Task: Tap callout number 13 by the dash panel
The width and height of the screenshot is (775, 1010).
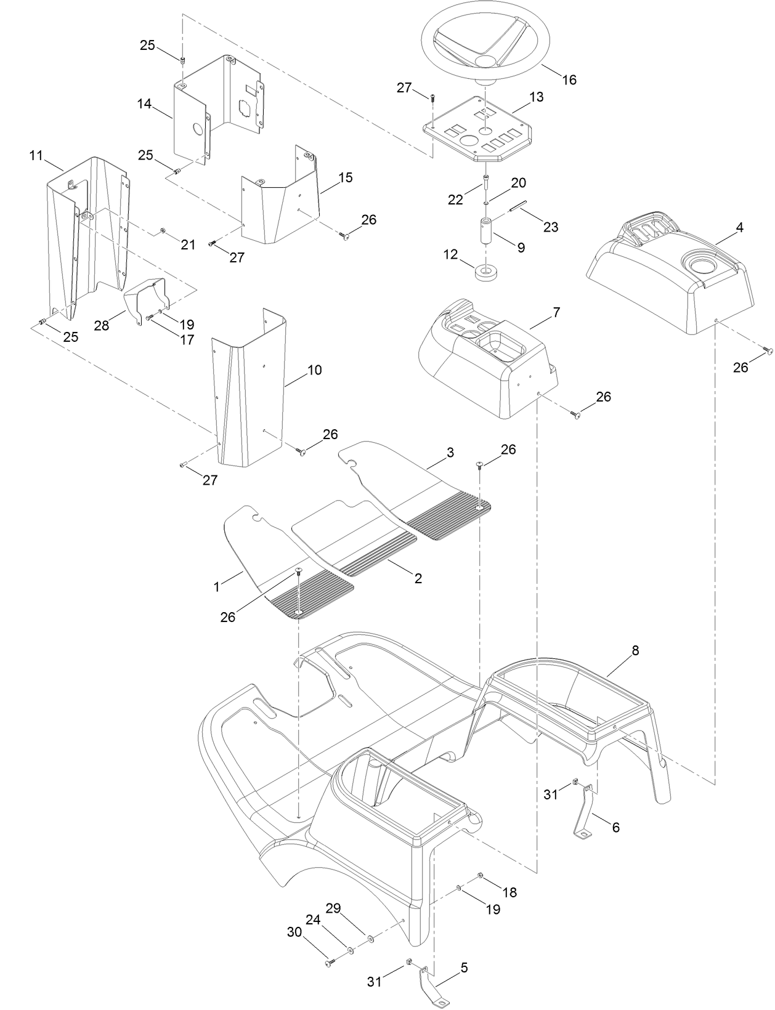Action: tap(536, 97)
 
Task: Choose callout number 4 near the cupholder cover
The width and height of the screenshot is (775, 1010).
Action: tap(739, 228)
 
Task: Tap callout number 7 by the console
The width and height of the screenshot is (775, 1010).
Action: tap(556, 313)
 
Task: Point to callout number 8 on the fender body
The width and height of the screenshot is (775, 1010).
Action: tap(635, 650)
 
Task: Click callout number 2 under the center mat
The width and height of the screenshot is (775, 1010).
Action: tap(418, 578)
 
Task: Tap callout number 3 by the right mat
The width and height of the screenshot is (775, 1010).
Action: tap(450, 453)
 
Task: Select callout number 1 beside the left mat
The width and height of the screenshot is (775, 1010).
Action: tap(216, 587)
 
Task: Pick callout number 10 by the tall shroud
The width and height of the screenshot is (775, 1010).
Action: tap(314, 370)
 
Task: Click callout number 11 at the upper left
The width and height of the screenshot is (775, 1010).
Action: tap(36, 155)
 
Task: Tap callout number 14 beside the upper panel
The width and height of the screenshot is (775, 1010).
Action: tap(144, 103)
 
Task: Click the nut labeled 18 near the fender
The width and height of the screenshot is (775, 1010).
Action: tap(481, 876)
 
